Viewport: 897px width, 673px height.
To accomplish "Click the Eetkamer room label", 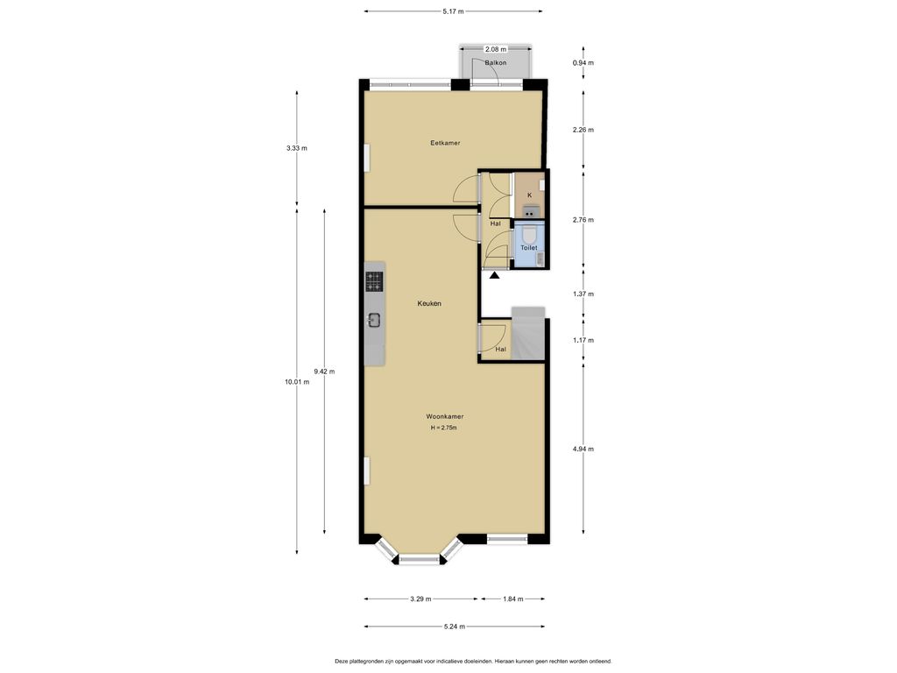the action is click(445, 143).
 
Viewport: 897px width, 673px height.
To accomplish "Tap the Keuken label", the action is click(429, 303).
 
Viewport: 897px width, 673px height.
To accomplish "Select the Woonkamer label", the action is click(444, 416).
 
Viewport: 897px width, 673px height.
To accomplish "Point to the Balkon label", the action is click(496, 62).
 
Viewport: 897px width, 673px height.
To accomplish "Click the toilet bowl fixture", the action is click(528, 235).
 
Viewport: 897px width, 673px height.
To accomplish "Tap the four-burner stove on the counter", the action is click(374, 281).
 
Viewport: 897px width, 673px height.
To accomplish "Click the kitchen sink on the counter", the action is click(374, 321).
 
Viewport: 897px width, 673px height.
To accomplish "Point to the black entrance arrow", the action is click(494, 275).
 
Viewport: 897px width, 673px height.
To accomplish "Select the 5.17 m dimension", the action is click(453, 11).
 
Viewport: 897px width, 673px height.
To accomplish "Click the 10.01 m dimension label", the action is click(297, 382).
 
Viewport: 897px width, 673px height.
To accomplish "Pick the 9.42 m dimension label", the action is click(324, 372).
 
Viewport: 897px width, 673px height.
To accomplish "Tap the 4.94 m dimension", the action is click(583, 449).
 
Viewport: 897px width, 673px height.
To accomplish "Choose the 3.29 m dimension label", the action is click(420, 599).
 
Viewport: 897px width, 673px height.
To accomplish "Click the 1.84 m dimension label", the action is click(512, 599).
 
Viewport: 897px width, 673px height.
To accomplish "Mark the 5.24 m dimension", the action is click(455, 627).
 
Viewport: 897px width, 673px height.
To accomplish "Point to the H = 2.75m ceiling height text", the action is click(444, 428).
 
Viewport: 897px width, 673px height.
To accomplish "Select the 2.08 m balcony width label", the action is click(496, 49).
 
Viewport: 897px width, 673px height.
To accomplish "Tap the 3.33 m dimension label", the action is click(297, 148).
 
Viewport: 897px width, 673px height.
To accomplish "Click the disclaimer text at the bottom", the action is click(473, 661).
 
